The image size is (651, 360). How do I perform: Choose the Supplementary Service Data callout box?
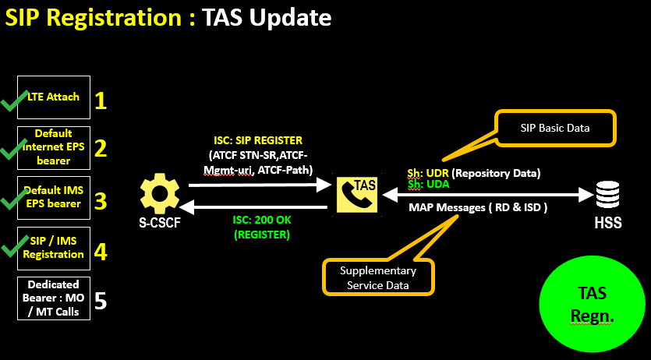[x=378, y=277]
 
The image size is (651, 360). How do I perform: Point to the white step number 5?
[x=101, y=301]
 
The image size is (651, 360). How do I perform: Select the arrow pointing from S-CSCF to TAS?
[x=257, y=185]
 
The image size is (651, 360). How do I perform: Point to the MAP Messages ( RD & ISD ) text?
[x=479, y=208]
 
